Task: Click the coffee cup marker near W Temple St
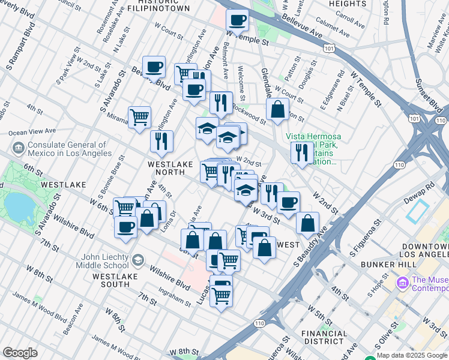237,20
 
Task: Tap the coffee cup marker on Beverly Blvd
154,67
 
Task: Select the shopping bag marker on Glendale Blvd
277,110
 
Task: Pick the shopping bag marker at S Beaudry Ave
307,223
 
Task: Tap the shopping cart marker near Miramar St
139,116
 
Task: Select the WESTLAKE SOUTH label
116,276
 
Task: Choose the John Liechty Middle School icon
138,259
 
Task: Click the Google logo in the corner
20,353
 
